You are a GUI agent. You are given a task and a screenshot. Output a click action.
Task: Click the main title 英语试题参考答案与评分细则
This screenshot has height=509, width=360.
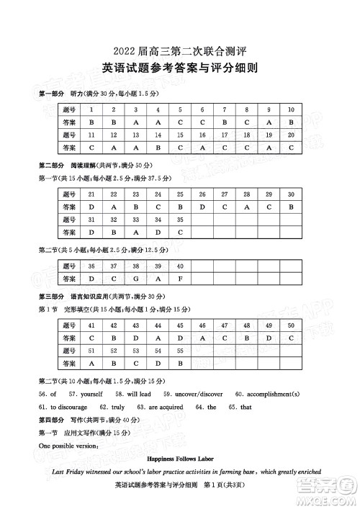(180, 69)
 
